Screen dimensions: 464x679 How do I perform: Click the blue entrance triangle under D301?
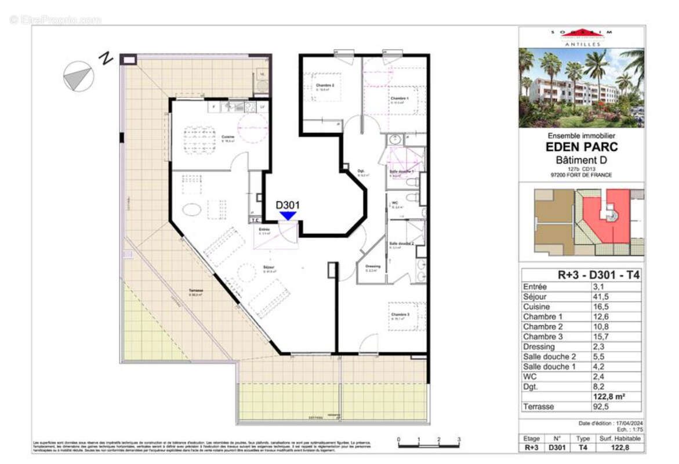(288, 215)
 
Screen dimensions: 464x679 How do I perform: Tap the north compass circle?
(78, 77)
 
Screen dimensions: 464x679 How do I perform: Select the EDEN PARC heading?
(582, 147)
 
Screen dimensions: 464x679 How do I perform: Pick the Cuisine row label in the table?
(536, 307)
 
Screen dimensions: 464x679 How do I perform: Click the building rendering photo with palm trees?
(581, 88)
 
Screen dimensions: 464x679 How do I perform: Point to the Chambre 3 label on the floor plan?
(401, 315)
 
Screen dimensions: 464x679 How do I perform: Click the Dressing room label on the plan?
(373, 267)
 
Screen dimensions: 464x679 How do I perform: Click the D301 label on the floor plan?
(287, 205)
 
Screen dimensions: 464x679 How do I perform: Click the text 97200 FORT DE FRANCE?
(582, 175)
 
